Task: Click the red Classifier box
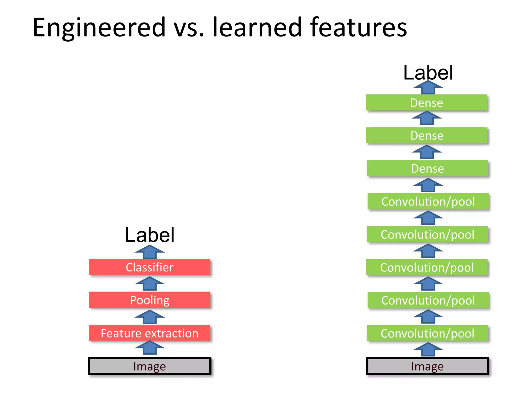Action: click(150, 267)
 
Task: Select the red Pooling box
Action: click(150, 300)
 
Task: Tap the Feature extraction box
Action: click(150, 333)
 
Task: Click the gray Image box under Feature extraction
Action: click(150, 366)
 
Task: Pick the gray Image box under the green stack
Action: click(427, 366)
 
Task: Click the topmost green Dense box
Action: click(426, 103)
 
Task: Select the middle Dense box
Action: click(427, 135)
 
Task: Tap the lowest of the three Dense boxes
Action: click(427, 169)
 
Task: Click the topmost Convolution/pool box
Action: click(428, 201)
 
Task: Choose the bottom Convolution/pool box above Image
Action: click(427, 333)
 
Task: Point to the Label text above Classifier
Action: click(150, 235)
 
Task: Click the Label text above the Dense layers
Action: click(428, 73)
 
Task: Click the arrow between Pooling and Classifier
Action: click(150, 284)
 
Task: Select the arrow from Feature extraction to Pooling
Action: click(150, 317)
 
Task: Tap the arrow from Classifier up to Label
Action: click(150, 252)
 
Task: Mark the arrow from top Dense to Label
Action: click(428, 88)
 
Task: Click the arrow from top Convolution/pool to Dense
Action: click(428, 185)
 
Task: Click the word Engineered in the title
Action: click(99, 27)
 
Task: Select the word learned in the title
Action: click(257, 27)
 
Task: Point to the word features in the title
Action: click(358, 27)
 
